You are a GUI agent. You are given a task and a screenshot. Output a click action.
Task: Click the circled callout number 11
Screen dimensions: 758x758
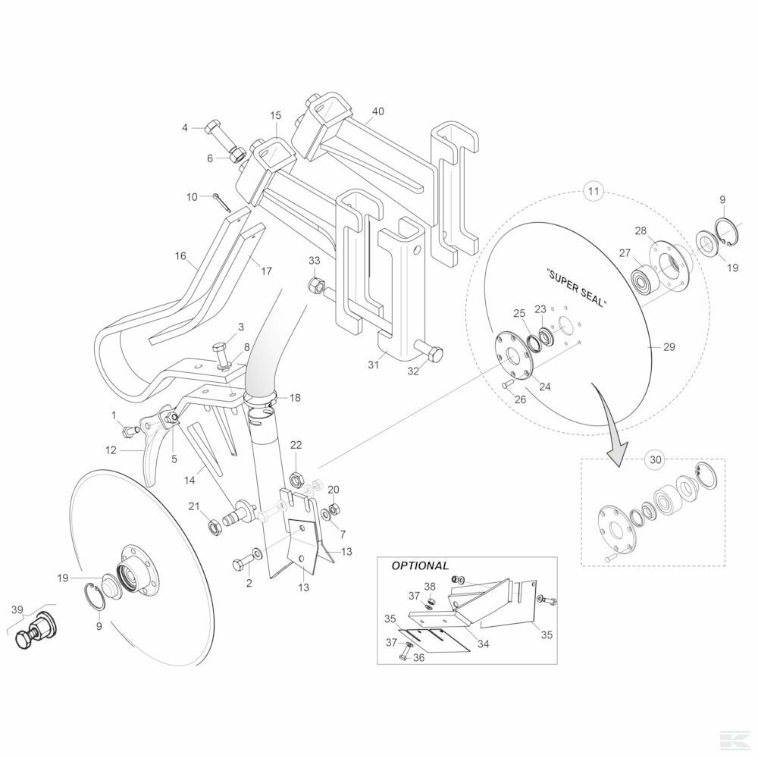pos(594,192)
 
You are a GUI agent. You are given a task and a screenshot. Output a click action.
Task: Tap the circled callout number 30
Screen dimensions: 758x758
pos(655,458)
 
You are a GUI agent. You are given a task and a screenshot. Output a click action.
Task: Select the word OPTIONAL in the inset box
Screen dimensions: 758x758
pos(420,565)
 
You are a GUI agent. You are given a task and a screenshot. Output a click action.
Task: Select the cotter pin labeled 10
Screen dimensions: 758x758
pos(221,203)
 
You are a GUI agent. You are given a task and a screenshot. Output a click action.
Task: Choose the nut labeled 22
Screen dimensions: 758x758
pos(296,476)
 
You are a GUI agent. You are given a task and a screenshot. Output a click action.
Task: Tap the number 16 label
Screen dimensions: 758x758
pos(180,256)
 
